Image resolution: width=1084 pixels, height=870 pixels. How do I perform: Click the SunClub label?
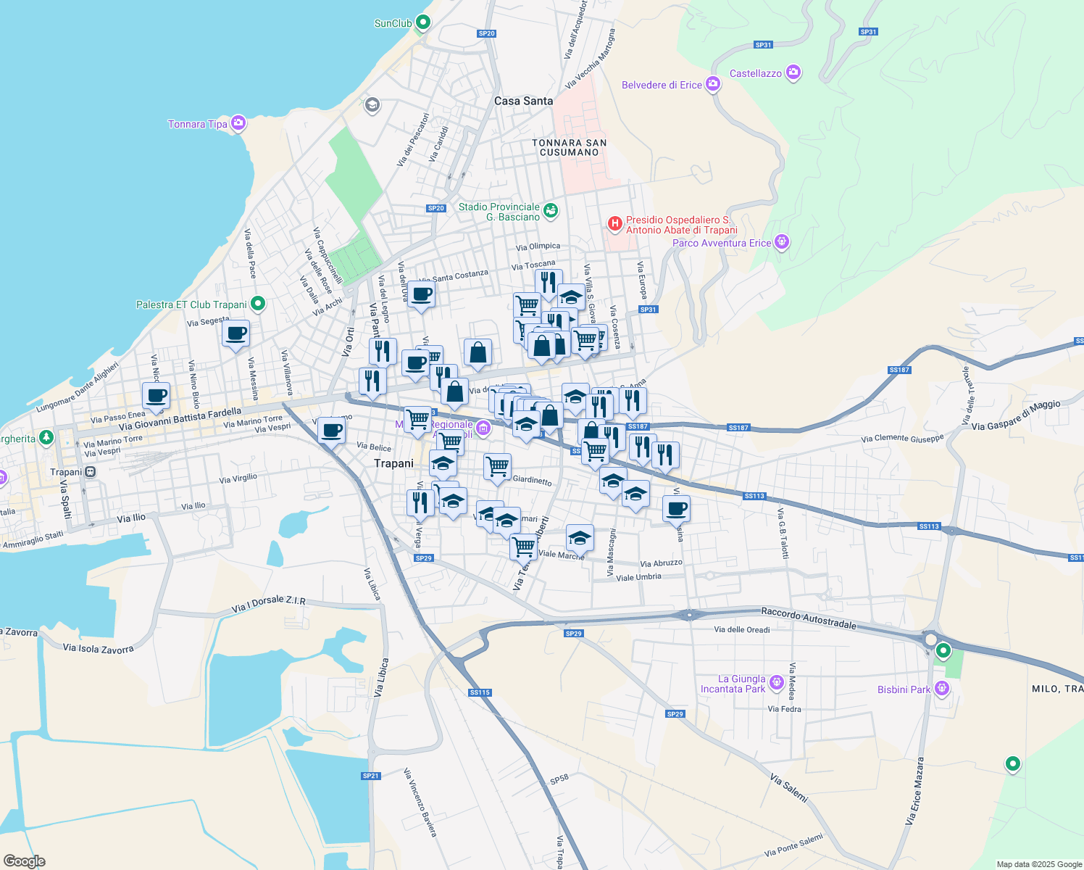(393, 23)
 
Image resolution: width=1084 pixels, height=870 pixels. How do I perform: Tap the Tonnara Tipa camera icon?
(238, 124)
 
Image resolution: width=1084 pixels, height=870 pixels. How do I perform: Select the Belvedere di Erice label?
(662, 85)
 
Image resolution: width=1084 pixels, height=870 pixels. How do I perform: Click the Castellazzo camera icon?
(793, 72)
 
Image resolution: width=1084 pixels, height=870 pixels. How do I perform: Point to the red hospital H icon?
(614, 223)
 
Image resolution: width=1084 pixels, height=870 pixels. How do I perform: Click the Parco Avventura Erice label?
(722, 243)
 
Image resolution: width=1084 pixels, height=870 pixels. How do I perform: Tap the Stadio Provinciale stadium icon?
(551, 210)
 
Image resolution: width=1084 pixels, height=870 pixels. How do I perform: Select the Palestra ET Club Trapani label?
(191, 304)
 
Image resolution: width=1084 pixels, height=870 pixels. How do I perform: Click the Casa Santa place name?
(523, 101)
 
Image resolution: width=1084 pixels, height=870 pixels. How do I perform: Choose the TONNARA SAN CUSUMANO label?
(570, 147)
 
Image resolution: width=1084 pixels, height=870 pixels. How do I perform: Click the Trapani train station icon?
(90, 472)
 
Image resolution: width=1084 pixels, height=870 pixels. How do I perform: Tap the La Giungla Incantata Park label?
(733, 684)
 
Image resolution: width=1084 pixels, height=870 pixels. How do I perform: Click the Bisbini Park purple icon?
(941, 688)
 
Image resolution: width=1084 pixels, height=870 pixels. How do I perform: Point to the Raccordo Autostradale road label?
(809, 618)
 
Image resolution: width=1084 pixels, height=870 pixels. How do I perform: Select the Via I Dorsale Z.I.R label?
(269, 605)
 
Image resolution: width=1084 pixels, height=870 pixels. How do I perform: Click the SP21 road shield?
(370, 776)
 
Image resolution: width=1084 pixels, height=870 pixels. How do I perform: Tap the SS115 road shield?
(480, 692)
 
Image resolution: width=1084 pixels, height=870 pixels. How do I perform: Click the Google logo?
(25, 861)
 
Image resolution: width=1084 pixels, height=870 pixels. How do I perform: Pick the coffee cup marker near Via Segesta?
(235, 334)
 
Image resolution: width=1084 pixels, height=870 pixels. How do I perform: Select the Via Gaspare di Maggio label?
(1016, 415)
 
